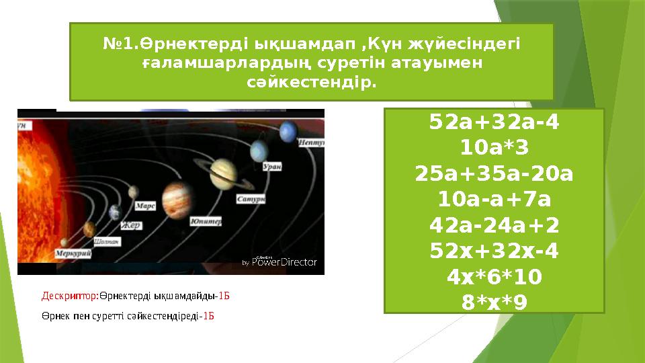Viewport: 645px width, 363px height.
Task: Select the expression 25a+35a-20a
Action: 494,173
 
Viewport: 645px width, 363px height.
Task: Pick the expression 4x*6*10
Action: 494,276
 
